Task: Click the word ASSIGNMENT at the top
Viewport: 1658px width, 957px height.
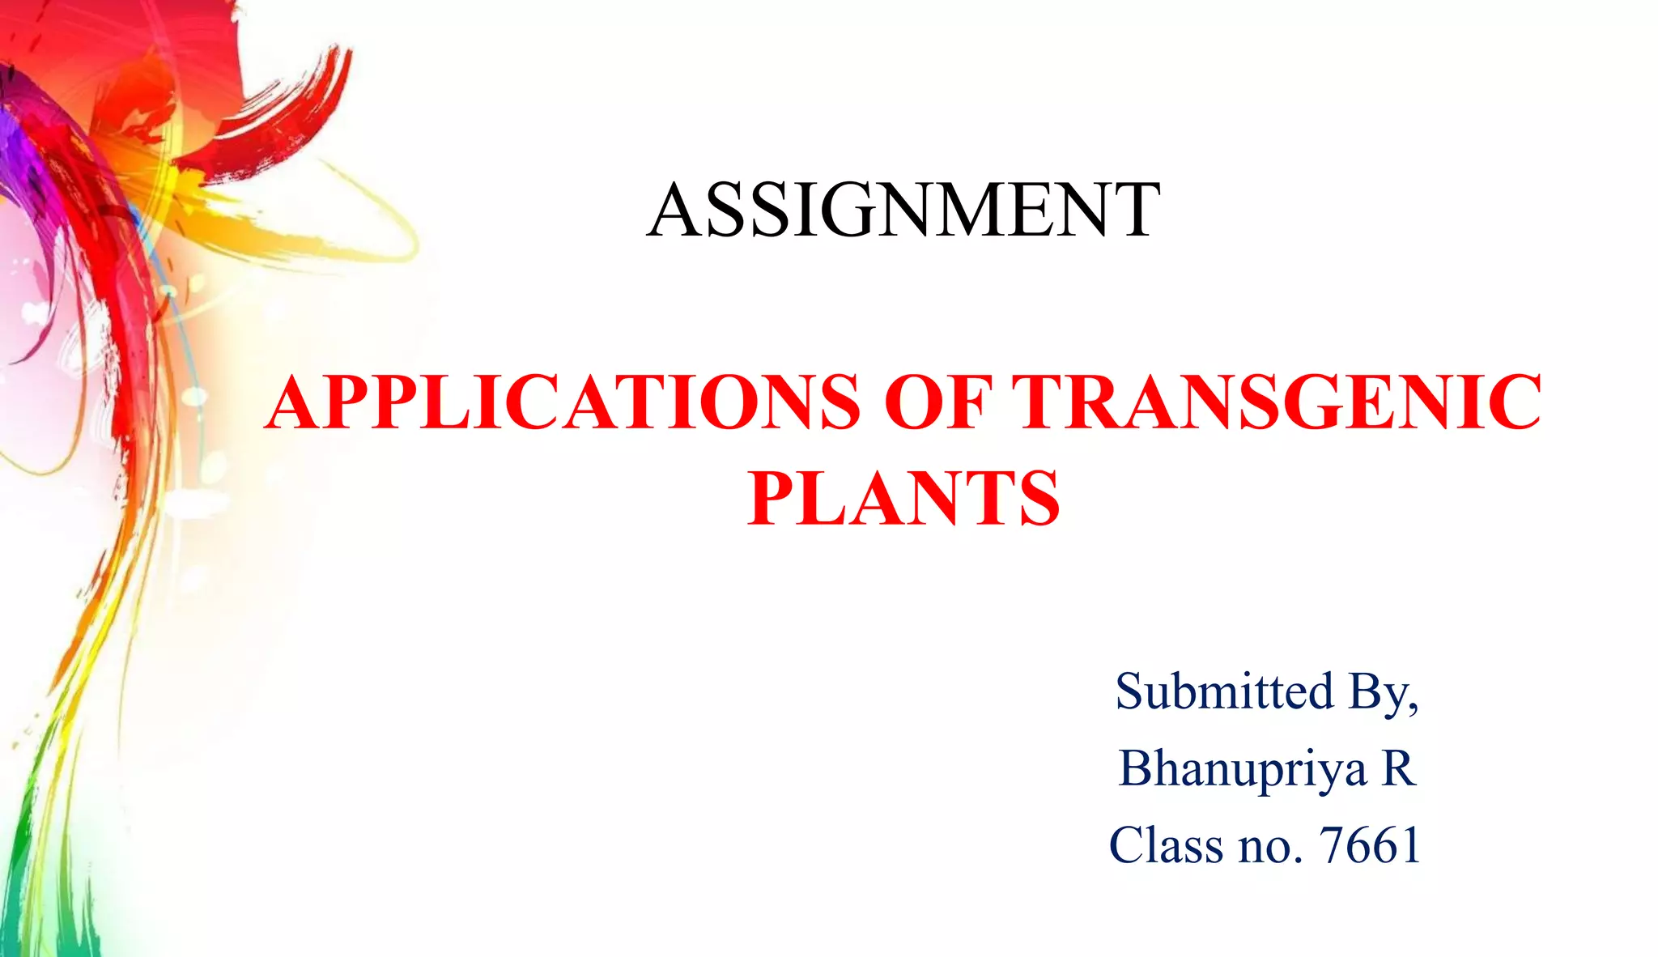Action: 903,211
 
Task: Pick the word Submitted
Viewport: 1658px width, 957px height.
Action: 1224,691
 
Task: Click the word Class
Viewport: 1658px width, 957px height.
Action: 1166,845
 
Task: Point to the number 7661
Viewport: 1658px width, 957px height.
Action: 1370,845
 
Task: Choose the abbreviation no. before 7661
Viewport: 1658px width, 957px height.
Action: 1269,847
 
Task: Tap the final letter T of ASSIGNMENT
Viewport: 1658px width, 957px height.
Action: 1133,211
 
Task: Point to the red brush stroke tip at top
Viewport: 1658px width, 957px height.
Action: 344,61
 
